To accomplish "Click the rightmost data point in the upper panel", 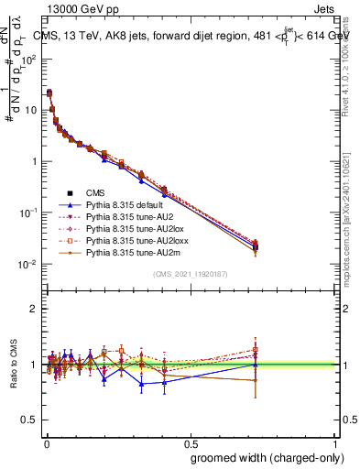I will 256,246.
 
